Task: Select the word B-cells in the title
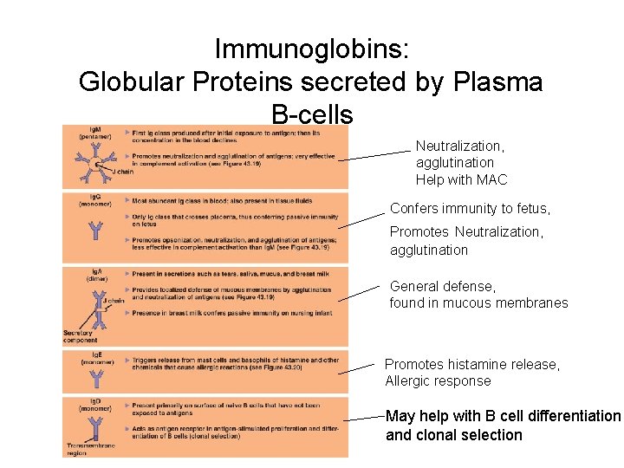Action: click(x=312, y=114)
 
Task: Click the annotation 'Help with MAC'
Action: click(x=461, y=180)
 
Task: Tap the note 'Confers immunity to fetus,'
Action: click(x=470, y=209)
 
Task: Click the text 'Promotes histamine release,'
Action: click(x=471, y=365)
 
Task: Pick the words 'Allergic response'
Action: click(x=438, y=381)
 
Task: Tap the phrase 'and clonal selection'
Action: click(x=454, y=435)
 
